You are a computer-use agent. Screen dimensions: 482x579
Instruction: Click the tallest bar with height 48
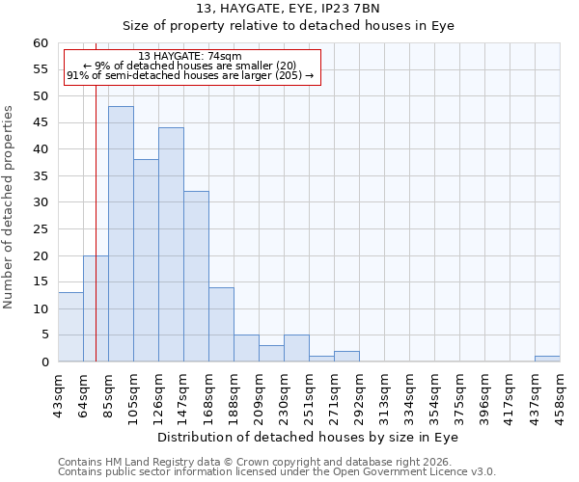(x=121, y=234)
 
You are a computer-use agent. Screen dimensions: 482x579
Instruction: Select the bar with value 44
(x=171, y=245)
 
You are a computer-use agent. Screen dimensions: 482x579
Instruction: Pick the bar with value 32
(x=196, y=277)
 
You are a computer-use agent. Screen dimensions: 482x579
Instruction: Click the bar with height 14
(x=221, y=325)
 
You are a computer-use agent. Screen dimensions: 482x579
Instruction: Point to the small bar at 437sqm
(x=547, y=359)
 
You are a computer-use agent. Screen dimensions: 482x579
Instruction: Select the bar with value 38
(x=146, y=260)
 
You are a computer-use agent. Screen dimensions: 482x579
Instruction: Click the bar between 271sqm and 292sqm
(x=346, y=357)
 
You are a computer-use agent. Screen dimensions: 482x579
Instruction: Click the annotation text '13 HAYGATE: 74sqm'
(x=190, y=57)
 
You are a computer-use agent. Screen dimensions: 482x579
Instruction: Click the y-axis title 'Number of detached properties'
(x=10, y=207)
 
